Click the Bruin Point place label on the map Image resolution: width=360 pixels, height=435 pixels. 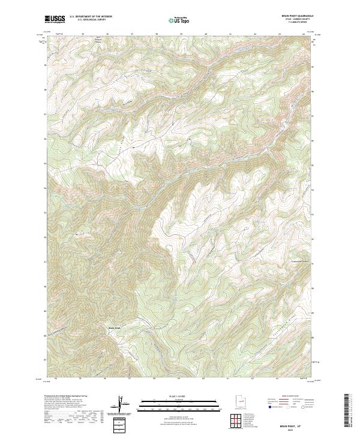click(115, 327)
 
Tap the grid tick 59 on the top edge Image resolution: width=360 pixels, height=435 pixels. click(180, 34)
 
